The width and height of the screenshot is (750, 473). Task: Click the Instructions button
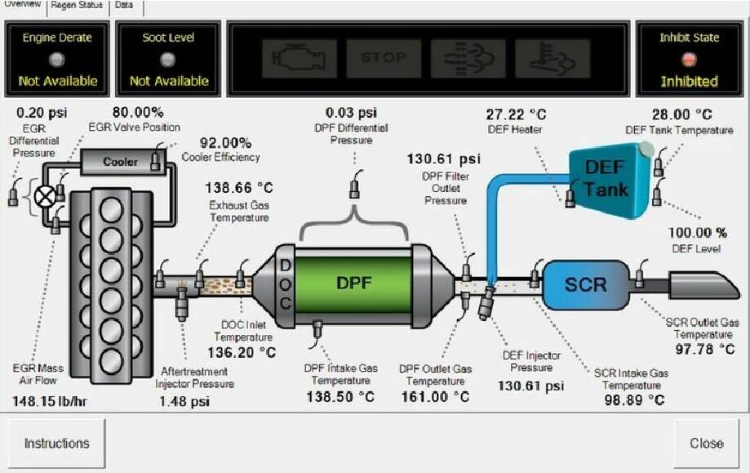pyautogui.click(x=56, y=444)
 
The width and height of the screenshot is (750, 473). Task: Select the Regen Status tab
pyautogui.click(x=77, y=5)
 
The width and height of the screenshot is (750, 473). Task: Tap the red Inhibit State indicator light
pyautogui.click(x=689, y=60)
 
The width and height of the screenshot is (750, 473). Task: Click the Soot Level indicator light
pyautogui.click(x=168, y=60)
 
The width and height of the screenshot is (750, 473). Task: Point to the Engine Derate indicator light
pyautogui.click(x=57, y=60)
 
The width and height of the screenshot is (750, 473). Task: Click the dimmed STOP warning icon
pyautogui.click(x=384, y=58)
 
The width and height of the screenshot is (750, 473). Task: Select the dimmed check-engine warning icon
pyautogui.click(x=300, y=58)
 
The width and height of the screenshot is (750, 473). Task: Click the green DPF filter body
pyautogui.click(x=353, y=284)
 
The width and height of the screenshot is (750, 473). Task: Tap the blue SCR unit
pyautogui.click(x=586, y=285)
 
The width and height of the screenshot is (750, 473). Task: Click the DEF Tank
pyautogui.click(x=609, y=181)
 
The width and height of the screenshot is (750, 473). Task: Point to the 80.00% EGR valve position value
pyautogui.click(x=138, y=113)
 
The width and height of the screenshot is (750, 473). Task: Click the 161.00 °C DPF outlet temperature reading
pyautogui.click(x=435, y=397)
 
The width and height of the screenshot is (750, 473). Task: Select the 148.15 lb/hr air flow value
pyautogui.click(x=50, y=401)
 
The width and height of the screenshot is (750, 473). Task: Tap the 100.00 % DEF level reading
pyautogui.click(x=698, y=233)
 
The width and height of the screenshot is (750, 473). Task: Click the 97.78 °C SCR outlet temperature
pyautogui.click(x=705, y=349)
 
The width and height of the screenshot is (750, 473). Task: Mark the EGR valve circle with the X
pyautogui.click(x=46, y=197)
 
